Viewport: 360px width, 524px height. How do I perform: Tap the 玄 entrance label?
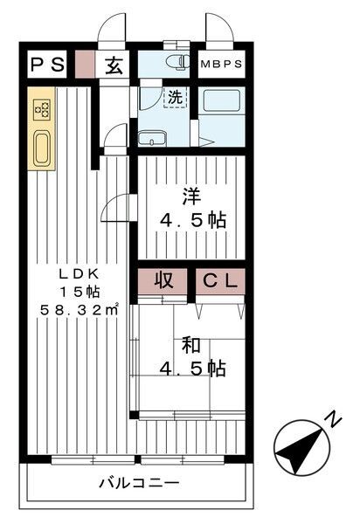(x=114, y=65)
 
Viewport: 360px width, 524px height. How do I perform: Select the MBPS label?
(x=221, y=65)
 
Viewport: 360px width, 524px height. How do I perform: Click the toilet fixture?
(x=178, y=64)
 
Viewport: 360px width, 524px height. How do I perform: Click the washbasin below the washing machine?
(x=156, y=138)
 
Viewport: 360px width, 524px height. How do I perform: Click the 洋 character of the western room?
(x=190, y=196)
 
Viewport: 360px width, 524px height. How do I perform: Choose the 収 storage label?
(x=163, y=281)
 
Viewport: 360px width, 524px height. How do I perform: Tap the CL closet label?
(x=220, y=281)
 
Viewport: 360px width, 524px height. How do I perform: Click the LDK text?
(x=72, y=271)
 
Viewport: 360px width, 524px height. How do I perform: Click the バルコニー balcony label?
(x=139, y=483)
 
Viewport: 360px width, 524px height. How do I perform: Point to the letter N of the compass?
(x=333, y=421)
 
